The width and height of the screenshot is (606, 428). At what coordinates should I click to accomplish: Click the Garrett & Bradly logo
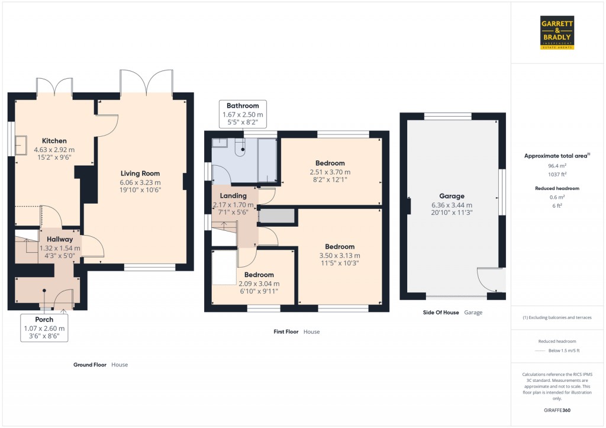[x=557, y=33]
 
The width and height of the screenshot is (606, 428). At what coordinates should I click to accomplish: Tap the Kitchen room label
[x=54, y=141]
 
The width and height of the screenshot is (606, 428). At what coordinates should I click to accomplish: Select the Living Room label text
[x=141, y=173]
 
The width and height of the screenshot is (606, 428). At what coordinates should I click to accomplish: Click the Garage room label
[x=452, y=196]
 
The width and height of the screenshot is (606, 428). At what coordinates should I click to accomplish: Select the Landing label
[x=233, y=196]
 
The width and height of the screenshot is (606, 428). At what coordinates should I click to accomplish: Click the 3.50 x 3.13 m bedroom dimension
[x=340, y=255]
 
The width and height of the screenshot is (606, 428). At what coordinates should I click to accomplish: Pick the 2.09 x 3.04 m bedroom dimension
[x=259, y=283]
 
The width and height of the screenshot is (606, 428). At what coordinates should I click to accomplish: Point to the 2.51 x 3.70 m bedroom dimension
[x=330, y=172]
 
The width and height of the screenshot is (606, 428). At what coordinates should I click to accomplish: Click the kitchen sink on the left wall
[x=21, y=144]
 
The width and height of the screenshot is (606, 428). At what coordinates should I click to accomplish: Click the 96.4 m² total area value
[x=557, y=166]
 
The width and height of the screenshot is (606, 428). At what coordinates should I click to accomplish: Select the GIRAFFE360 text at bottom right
[x=557, y=410]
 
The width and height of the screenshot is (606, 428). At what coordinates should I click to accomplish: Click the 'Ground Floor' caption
[x=90, y=365]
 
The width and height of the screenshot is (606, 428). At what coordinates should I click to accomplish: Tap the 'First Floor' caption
[x=286, y=332]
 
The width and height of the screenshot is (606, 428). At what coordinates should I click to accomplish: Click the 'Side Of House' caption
[x=441, y=312]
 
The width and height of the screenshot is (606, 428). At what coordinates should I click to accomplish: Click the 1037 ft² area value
[x=557, y=175]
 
